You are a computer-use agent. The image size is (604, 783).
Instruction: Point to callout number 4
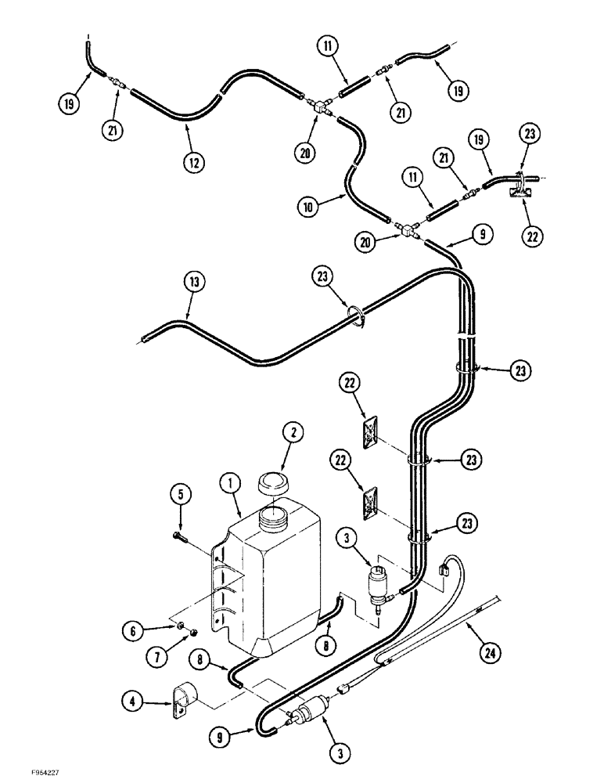(x=179, y=495)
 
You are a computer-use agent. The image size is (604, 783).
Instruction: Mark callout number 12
(x=192, y=162)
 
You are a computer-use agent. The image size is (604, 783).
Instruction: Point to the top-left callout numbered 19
(x=69, y=103)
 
